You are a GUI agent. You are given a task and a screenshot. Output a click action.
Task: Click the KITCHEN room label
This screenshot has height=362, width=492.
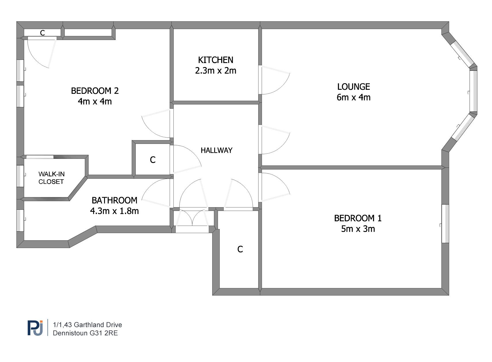pyautogui.click(x=216, y=60)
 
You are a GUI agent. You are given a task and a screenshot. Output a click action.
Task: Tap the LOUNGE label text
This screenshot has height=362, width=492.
pyautogui.click(x=354, y=87)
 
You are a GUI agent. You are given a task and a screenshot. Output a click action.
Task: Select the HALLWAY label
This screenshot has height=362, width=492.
pyautogui.click(x=217, y=150)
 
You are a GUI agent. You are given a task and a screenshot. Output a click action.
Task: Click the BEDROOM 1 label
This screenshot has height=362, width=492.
pyautogui.click(x=358, y=218)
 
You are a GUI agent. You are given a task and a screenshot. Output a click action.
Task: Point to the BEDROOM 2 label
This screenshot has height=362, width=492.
pyautogui.click(x=95, y=91)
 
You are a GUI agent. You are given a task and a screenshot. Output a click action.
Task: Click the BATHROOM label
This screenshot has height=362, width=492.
pyautogui.click(x=114, y=201)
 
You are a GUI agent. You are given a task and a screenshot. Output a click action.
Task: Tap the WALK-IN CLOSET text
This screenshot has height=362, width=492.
pyautogui.click(x=51, y=178)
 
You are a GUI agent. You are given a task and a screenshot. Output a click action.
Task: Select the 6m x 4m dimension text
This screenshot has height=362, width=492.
pyautogui.click(x=354, y=97)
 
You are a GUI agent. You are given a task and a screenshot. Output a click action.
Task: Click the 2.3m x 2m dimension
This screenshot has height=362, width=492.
pyautogui.click(x=216, y=71)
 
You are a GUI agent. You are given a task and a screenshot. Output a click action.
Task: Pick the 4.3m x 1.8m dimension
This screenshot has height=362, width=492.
pyautogui.click(x=114, y=211)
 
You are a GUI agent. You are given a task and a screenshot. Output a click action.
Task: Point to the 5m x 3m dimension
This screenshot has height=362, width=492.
pyautogui.click(x=358, y=229)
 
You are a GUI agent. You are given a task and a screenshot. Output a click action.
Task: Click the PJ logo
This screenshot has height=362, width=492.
pyautogui.click(x=35, y=328)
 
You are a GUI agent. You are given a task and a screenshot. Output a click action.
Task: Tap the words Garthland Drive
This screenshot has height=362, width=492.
pyautogui.click(x=98, y=325)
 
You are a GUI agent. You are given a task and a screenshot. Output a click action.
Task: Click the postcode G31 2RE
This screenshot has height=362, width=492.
pyautogui.click(x=104, y=333)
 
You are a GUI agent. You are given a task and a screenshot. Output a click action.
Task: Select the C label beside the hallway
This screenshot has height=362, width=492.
pyautogui.click(x=153, y=160)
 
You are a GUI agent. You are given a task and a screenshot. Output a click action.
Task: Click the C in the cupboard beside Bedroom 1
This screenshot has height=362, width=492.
pyautogui.click(x=240, y=249)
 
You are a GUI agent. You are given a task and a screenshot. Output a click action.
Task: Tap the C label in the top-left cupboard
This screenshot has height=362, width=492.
pyautogui.click(x=42, y=33)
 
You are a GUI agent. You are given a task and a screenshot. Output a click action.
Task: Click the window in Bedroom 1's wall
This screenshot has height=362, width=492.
pyautogui.click(x=445, y=224)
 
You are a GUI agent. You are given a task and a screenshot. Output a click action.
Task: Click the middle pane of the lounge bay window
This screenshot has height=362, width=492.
pyautogui.click(x=473, y=91)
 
